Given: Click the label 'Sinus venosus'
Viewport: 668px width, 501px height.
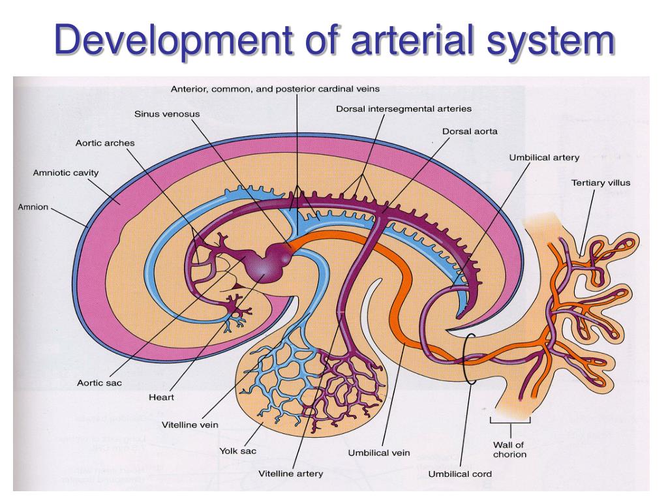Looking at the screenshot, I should [x=167, y=114].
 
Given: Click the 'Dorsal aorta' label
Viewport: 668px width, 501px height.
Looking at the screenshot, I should [x=470, y=131].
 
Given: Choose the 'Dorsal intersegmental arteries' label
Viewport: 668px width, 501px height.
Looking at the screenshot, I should [x=404, y=108].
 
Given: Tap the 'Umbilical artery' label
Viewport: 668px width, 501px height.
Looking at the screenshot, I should [x=544, y=157].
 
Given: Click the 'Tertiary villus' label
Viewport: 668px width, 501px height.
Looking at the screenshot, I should [x=601, y=183].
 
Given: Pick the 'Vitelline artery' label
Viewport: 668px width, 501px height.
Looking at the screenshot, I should [x=290, y=474].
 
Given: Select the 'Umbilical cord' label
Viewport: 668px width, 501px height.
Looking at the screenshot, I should [x=460, y=474].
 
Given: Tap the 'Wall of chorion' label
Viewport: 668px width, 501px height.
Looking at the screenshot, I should [x=510, y=449].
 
